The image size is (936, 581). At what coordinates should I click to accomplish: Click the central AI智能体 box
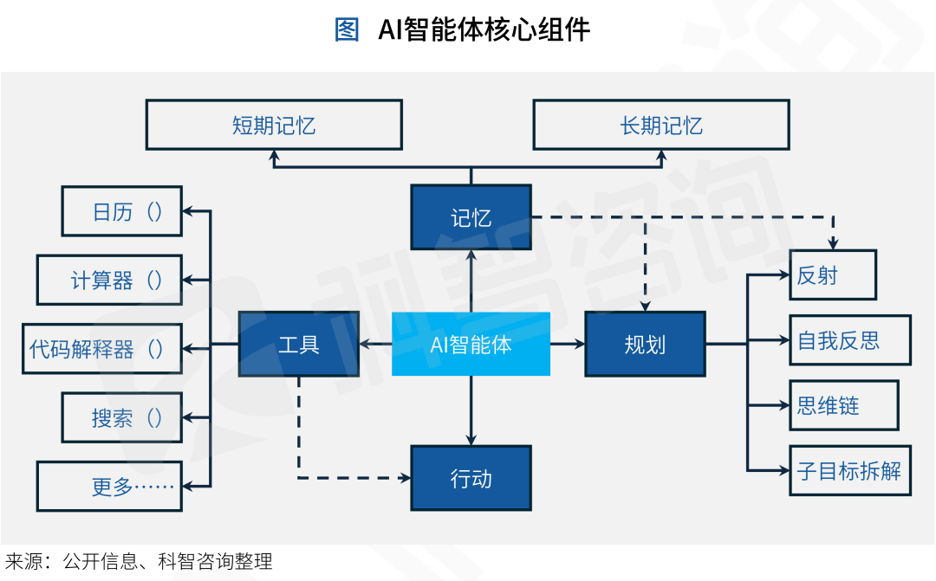pyautogui.click(x=471, y=344)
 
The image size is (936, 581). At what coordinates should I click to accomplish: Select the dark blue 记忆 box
pyautogui.click(x=471, y=217)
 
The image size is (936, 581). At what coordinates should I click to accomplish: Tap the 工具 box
pyautogui.click(x=299, y=344)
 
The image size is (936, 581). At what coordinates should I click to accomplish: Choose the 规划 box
pyautogui.click(x=645, y=344)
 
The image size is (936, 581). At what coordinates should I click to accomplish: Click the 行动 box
pyautogui.click(x=471, y=477)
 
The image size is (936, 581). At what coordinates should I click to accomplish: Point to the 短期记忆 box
pyautogui.click(x=274, y=125)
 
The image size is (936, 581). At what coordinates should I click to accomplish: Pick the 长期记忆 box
pyautogui.click(x=660, y=125)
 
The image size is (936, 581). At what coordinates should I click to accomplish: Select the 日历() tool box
pyautogui.click(x=121, y=211)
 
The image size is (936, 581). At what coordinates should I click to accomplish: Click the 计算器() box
pyautogui.click(x=109, y=280)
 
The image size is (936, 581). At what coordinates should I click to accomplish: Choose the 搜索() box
pyautogui.click(x=121, y=417)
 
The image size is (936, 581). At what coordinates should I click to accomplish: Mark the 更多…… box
pyautogui.click(x=109, y=486)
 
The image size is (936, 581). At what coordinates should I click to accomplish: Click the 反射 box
pyautogui.click(x=832, y=275)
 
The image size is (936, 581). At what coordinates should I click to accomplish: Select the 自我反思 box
pyautogui.click(x=849, y=340)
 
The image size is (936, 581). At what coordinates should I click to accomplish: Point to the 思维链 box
pyautogui.click(x=843, y=405)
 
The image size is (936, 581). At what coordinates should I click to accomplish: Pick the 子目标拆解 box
pyautogui.click(x=849, y=470)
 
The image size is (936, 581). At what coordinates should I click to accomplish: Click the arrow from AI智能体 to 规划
pyautogui.click(x=568, y=344)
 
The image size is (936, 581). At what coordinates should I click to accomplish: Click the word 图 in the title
pyautogui.click(x=347, y=30)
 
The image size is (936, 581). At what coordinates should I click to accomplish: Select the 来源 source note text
pyautogui.click(x=139, y=562)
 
